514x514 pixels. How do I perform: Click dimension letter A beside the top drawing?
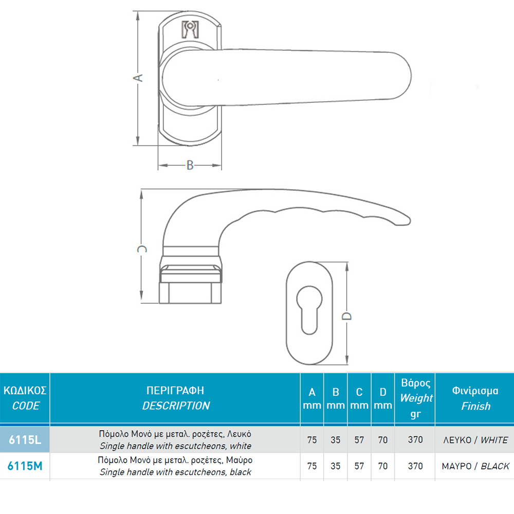[138, 78]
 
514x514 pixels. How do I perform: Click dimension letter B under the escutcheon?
[190, 165]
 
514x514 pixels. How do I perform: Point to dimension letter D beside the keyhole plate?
[346, 316]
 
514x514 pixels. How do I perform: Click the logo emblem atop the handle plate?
[190, 29]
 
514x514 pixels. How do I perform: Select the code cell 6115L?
[25, 439]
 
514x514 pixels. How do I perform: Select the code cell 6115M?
[25, 466]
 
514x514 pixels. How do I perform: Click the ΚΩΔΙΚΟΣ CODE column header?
[25, 398]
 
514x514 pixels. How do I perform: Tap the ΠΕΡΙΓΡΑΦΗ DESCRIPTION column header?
[175, 398]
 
